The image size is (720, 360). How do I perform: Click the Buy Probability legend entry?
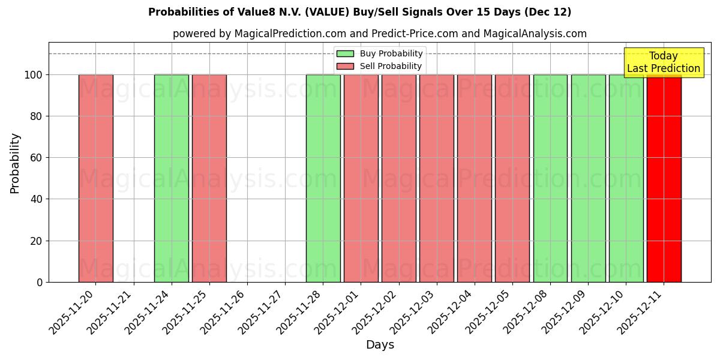(380, 53)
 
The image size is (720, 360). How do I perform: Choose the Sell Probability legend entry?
(380, 66)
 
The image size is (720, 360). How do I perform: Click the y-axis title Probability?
(15, 163)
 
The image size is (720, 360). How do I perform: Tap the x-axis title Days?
(380, 345)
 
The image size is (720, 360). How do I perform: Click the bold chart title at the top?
(359, 12)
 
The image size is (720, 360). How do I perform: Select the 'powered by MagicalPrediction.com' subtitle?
(379, 34)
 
